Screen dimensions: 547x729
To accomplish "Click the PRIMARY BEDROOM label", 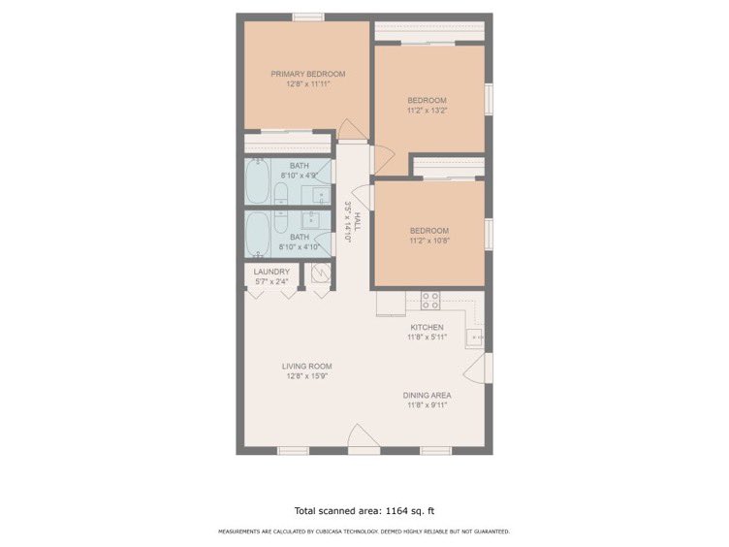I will [x=307, y=74].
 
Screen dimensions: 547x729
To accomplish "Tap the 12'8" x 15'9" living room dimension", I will [x=307, y=376].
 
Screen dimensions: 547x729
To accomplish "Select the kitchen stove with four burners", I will [x=429, y=299].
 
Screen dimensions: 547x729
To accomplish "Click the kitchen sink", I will [x=475, y=337].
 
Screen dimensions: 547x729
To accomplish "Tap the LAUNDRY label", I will [x=271, y=272].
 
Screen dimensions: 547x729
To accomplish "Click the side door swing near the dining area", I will [x=475, y=369].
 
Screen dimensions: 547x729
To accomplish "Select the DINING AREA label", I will [x=427, y=395].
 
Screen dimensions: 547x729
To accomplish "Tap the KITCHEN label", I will [x=427, y=328].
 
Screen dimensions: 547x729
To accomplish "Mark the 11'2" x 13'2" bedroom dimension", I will [x=427, y=111].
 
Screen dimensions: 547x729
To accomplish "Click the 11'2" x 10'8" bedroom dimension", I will [x=427, y=241].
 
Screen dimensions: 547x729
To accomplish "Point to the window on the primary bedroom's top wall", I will [x=307, y=16].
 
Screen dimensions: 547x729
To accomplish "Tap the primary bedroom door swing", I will [x=351, y=129].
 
